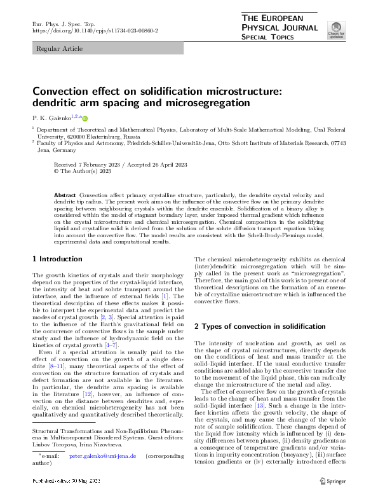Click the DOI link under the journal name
pos(95,31)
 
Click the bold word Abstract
pos(66,193)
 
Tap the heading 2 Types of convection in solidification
pos(259,326)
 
